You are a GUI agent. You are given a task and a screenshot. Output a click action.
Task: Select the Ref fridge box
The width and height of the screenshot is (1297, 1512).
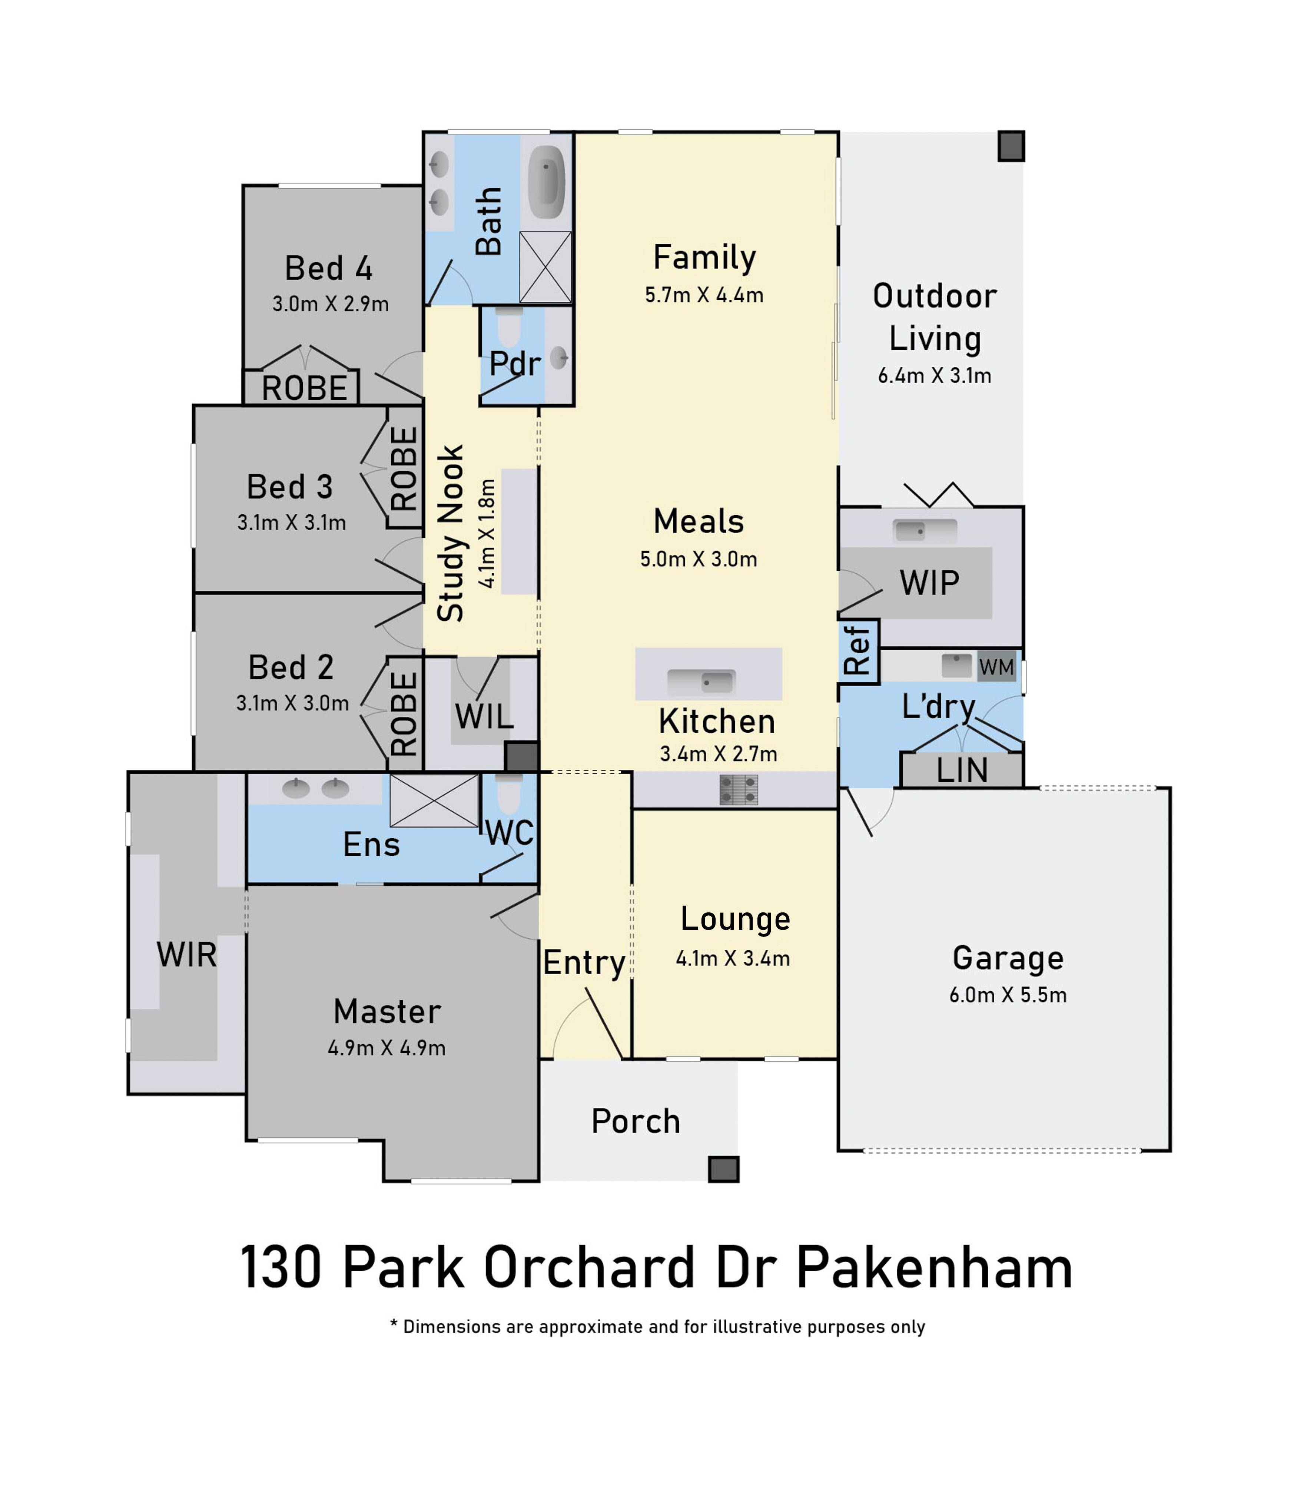pyautogui.click(x=858, y=651)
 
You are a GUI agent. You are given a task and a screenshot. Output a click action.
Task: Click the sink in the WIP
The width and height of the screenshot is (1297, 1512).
pyautogui.click(x=925, y=531)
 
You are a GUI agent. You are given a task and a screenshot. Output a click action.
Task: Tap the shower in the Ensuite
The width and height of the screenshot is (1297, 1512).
pyautogui.click(x=434, y=800)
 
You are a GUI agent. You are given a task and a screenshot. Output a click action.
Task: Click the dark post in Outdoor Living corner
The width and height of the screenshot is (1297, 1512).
pyautogui.click(x=1011, y=146)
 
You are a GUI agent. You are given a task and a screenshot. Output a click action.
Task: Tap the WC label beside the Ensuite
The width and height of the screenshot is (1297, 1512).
pyautogui.click(x=510, y=833)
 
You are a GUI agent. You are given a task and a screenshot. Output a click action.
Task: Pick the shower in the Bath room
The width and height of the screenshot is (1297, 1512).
pyautogui.click(x=545, y=267)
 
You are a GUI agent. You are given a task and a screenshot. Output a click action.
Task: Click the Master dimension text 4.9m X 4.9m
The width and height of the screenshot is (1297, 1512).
pyautogui.click(x=386, y=1048)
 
